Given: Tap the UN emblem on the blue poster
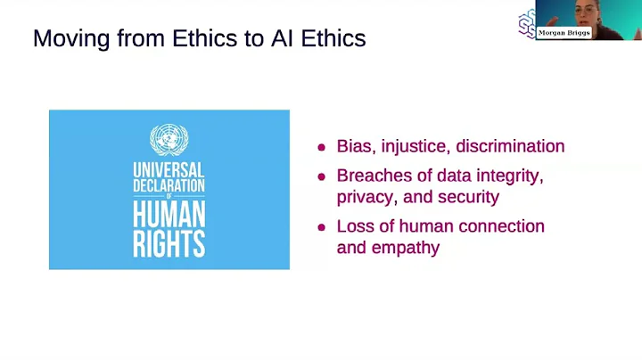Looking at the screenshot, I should point(169,140).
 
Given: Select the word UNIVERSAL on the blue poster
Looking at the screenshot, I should point(169,169).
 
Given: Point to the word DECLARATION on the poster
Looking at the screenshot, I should point(169,185).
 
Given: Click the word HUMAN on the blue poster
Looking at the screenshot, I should point(169,215).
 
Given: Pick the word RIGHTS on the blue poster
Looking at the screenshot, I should point(169,242).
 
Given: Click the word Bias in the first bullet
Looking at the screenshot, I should point(354,146).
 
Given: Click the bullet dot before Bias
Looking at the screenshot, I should point(322,147).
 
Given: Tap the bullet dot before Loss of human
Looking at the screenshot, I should point(322,227).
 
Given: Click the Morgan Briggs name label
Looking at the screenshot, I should point(564,33).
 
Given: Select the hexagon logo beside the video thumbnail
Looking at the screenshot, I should point(526,23).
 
